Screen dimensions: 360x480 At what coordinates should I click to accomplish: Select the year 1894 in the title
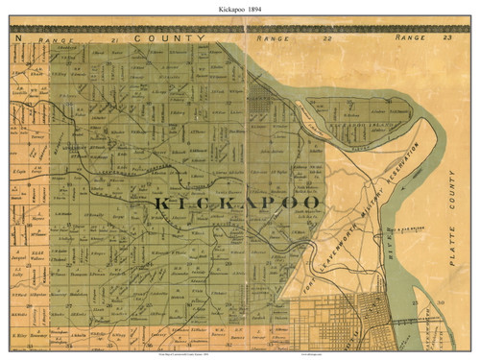tap(262, 9)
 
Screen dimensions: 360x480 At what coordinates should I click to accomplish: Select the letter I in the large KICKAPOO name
tap(174, 206)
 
